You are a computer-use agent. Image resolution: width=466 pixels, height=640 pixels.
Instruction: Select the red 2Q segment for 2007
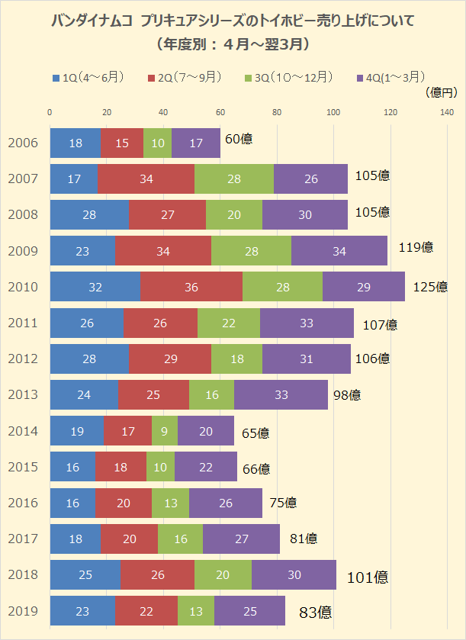pos(146,178)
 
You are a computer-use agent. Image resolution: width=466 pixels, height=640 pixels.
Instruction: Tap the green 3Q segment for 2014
pos(165,431)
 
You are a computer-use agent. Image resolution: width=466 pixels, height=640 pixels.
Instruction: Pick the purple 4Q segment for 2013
pos(281,395)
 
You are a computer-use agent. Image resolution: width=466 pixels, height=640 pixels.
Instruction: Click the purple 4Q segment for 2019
pos(249,611)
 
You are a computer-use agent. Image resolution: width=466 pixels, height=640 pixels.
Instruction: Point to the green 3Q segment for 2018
pos(223,575)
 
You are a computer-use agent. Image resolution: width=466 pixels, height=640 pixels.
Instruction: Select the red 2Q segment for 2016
pos(124,503)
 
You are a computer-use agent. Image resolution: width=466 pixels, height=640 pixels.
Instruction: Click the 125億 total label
pos(430,287)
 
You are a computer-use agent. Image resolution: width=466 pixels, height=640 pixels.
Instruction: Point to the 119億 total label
pos(416,246)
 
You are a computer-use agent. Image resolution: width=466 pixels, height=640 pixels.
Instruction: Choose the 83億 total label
pos(315,611)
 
